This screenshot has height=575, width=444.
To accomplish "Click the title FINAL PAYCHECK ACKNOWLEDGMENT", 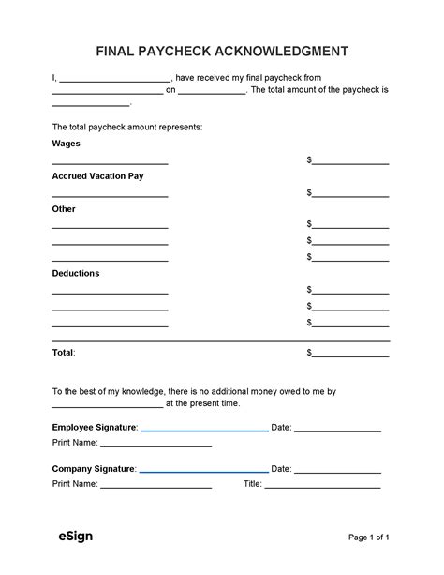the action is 222,50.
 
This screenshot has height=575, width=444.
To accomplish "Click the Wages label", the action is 66,144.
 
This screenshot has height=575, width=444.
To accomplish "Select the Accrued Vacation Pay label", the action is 97,175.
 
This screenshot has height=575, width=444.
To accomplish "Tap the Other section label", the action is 64,208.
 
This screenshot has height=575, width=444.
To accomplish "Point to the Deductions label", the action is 76,273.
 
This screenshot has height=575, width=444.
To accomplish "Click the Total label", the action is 63,353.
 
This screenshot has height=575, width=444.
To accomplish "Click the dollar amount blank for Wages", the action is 350,162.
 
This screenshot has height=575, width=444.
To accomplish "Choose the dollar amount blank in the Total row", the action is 350,355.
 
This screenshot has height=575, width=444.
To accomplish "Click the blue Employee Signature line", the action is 204,430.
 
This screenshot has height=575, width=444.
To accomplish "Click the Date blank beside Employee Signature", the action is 338,430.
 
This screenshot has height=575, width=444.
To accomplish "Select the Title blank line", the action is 323,487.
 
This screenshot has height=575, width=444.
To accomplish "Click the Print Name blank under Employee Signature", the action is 155,446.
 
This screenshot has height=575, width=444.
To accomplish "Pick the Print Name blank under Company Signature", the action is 155,487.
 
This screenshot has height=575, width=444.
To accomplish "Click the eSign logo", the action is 71,537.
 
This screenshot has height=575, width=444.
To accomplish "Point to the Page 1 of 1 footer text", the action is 368,537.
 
